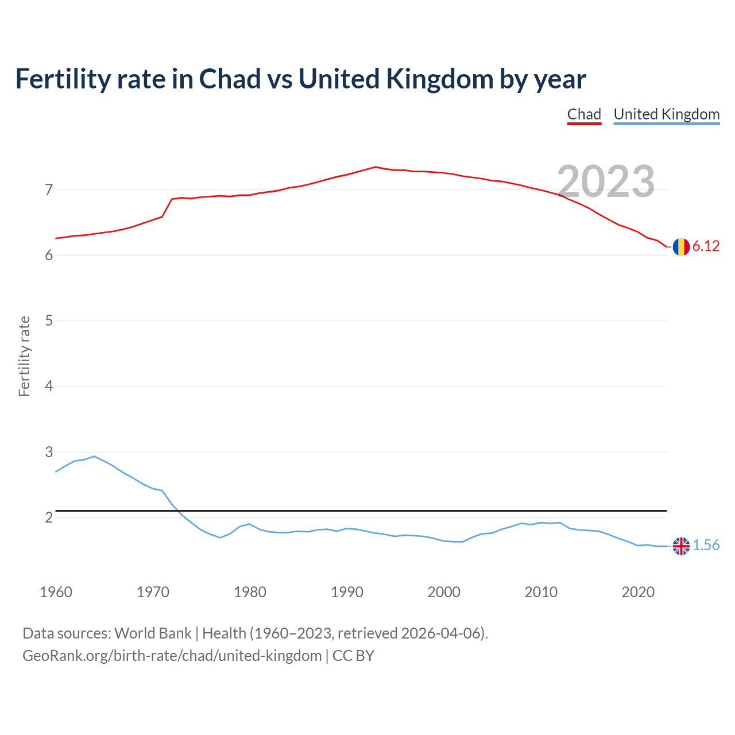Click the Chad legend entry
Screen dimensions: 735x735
[584, 114]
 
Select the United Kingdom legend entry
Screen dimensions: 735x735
[666, 114]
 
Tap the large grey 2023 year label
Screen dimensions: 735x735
[606, 181]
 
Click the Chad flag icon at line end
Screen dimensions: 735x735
[681, 247]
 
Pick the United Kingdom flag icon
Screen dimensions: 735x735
[681, 546]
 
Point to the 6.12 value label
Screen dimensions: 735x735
[706, 246]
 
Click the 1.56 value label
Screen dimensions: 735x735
[706, 546]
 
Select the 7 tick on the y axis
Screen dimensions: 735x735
[49, 189]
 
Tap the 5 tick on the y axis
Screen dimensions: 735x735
[49, 320]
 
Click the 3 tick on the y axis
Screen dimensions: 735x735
[49, 452]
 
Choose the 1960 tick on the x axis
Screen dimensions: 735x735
[56, 592]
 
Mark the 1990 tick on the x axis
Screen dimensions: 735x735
[347, 592]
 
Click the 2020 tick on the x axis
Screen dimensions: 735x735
[638, 592]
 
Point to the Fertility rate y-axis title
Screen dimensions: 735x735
[24, 356]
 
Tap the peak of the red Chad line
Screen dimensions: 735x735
[376, 167]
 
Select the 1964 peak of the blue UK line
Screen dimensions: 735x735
[94, 457]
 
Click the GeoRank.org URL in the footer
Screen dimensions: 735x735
[172, 656]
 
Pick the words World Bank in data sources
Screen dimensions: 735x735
[153, 633]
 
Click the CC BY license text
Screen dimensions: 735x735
[353, 656]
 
